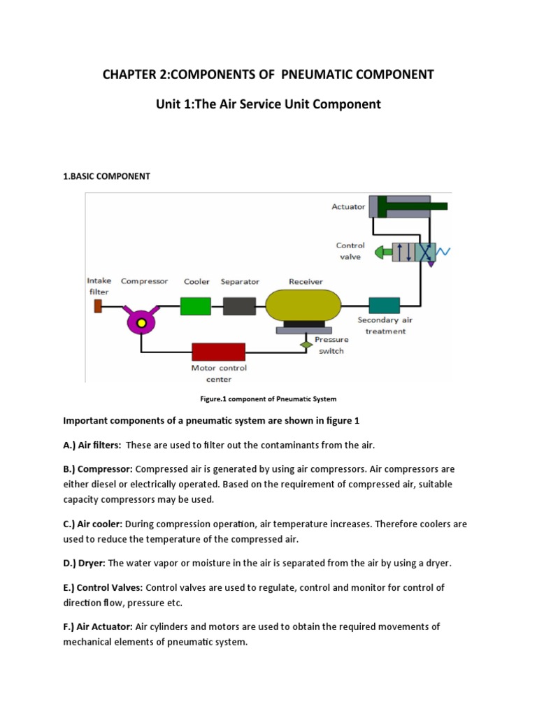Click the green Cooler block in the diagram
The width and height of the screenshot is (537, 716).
(196, 306)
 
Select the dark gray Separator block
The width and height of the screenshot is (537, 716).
(240, 306)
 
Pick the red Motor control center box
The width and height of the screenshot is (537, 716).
(218, 352)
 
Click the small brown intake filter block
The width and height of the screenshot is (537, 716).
(98, 306)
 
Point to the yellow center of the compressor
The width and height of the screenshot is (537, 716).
(141, 322)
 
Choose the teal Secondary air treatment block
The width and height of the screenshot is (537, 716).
(384, 306)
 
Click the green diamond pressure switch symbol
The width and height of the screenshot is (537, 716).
(305, 344)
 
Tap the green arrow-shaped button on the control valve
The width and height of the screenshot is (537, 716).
(382, 252)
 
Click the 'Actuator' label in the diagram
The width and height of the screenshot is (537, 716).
(348, 206)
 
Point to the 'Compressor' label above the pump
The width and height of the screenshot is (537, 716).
(145, 282)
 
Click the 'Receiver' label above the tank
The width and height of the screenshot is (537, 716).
(306, 282)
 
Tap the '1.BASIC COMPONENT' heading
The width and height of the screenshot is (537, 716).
(107, 176)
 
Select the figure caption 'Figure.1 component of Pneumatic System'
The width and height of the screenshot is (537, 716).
(268, 399)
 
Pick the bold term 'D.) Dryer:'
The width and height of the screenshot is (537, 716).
(85, 563)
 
